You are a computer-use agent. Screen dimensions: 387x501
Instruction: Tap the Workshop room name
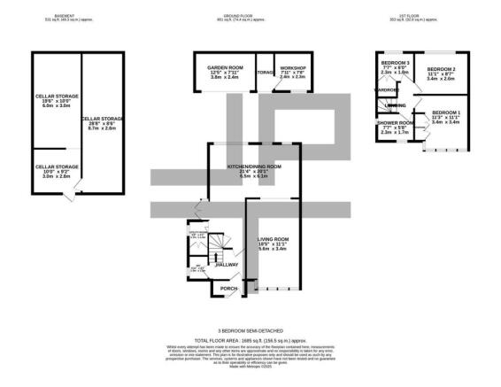(292, 68)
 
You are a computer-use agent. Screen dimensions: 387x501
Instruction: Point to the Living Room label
(276, 238)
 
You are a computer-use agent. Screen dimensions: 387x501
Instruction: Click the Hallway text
(227, 265)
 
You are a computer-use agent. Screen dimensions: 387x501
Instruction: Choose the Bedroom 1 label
(446, 112)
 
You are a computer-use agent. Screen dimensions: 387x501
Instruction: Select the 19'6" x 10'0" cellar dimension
(55, 96)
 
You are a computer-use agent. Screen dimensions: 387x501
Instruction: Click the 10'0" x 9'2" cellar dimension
(55, 168)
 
